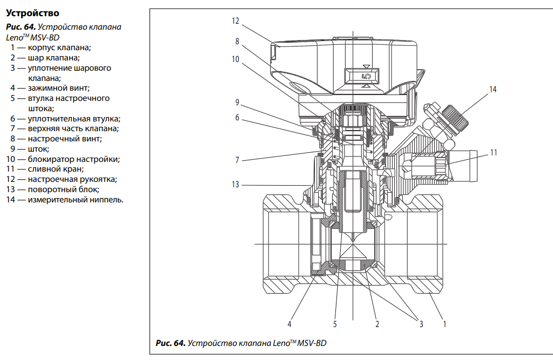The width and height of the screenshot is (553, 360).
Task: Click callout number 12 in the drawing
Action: (x=235, y=21)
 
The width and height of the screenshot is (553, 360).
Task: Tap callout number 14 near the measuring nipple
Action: (x=493, y=90)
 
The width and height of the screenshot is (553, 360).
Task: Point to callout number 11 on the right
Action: (x=494, y=153)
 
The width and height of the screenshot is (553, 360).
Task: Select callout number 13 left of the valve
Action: (x=235, y=185)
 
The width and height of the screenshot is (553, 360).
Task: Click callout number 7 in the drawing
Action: (x=237, y=160)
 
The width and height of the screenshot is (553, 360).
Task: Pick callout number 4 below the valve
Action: (x=289, y=324)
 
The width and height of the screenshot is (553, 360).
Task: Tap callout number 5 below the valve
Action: (x=335, y=324)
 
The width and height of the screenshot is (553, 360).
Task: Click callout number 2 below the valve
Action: (x=377, y=324)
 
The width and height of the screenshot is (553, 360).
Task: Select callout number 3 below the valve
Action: (x=421, y=324)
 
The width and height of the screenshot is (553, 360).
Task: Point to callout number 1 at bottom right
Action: (x=444, y=324)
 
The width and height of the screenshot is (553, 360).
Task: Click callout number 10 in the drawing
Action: (x=235, y=59)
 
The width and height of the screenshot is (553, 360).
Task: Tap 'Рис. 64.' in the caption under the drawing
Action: (x=170, y=343)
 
